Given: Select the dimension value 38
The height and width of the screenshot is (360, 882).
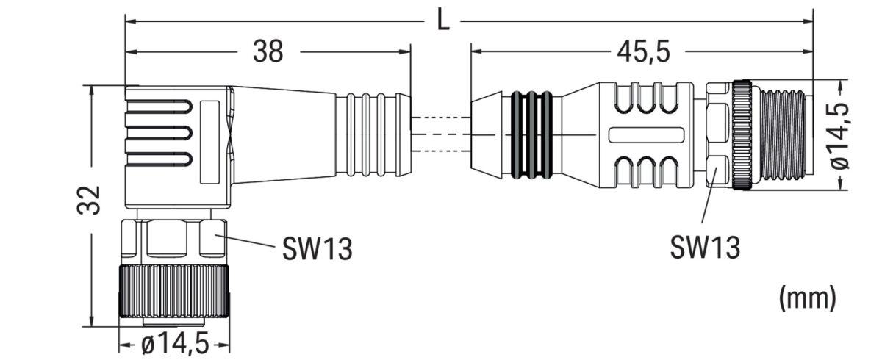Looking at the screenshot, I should pos(268,52).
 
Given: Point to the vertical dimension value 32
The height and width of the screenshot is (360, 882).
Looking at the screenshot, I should pos(90,200).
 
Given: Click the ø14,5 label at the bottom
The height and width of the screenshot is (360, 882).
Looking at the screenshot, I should pos(173,344).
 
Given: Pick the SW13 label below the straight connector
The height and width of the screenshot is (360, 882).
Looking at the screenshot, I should pos(704,248).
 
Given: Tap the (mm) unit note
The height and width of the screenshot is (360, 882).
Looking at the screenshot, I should pos(806,297).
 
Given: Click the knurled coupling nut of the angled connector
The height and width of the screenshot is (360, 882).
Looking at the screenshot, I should pos(175,292).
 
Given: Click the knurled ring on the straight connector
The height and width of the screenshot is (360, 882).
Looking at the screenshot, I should pos(741,135).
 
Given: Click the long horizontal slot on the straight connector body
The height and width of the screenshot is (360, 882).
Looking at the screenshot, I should pos(647,135).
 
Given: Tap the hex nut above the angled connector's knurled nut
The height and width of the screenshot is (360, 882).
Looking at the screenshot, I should pos(175,237).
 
